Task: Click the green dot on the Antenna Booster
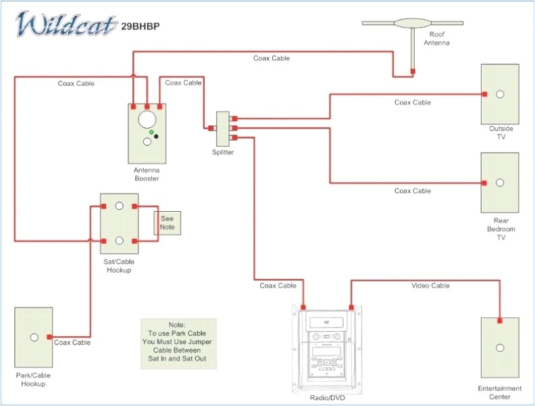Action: tap(152, 132)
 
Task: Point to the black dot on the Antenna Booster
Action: tap(157, 137)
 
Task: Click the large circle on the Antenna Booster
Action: tap(147, 120)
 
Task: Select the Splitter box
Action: tap(223, 129)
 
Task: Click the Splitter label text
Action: tap(223, 153)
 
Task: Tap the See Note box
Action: tap(167, 223)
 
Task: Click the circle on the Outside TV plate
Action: tap(500, 94)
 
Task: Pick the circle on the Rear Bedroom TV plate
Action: tap(500, 183)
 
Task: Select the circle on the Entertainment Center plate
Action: tap(500, 348)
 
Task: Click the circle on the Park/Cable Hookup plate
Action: tap(33, 336)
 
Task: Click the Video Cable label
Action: tap(430, 286)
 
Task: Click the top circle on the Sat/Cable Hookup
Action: tap(119, 206)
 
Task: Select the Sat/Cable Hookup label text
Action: tap(118, 266)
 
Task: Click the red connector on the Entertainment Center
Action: tap(500, 321)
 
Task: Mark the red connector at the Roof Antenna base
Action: tap(413, 70)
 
